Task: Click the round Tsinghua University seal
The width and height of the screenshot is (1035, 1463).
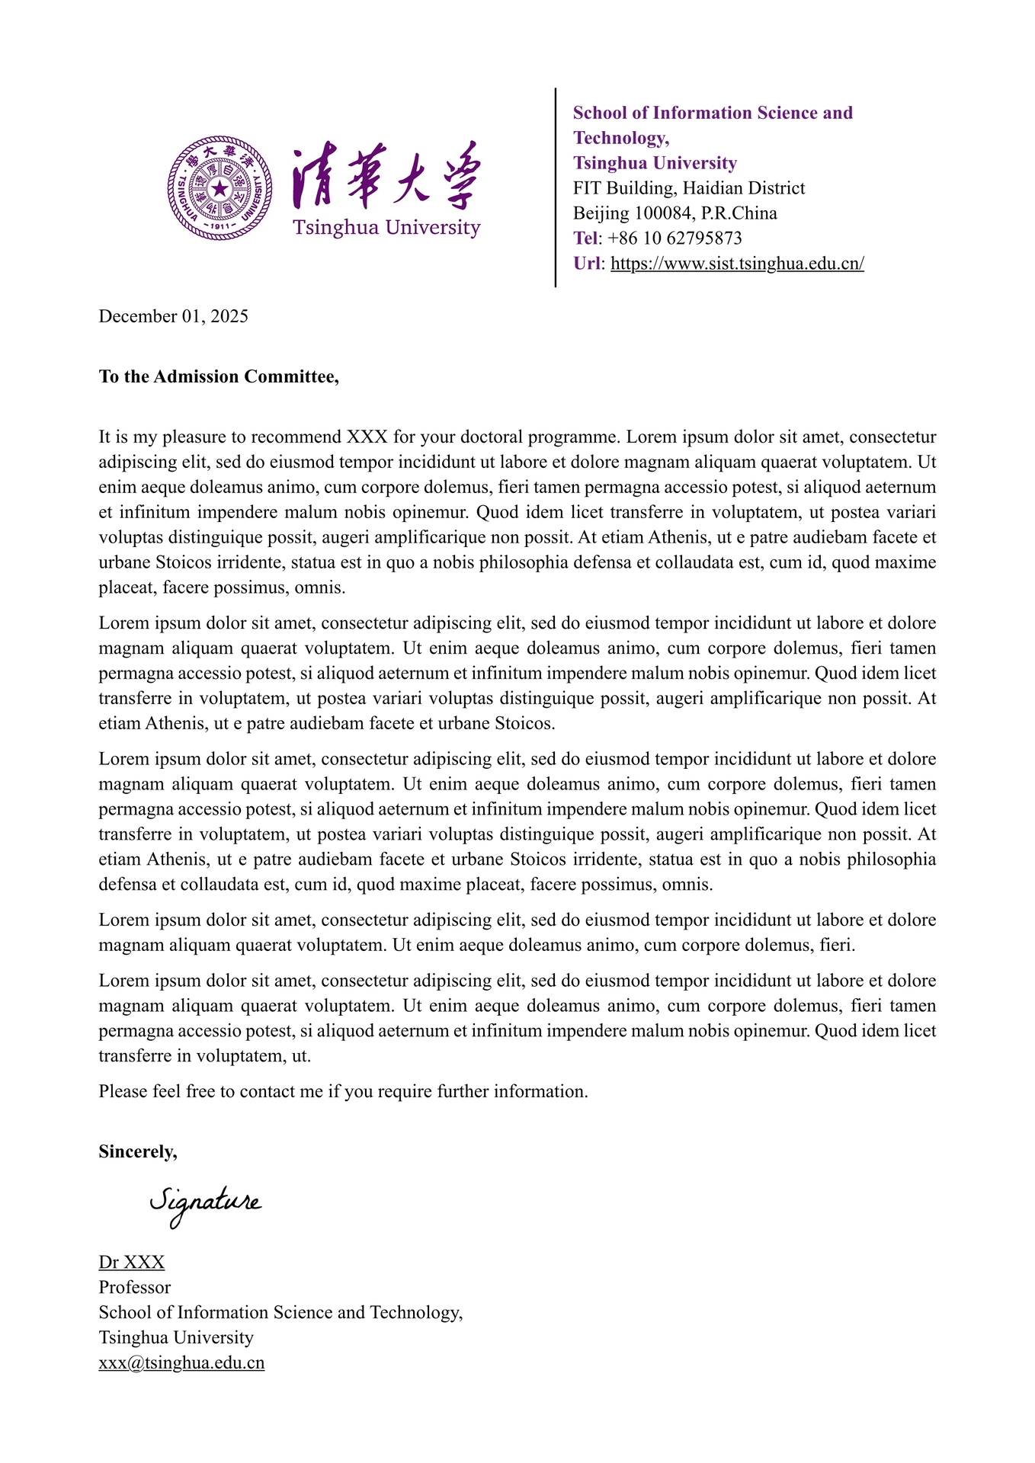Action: [x=219, y=187]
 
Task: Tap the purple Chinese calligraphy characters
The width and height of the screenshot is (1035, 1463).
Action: [x=386, y=175]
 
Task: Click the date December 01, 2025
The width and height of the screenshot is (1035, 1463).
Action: [x=174, y=316]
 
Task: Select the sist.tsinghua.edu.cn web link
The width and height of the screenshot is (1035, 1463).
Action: [x=737, y=264]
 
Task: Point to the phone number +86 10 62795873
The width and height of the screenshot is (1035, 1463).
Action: [x=675, y=238]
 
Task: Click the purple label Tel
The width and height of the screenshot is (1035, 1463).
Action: [x=585, y=238]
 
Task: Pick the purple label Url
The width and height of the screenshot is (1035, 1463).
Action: [x=587, y=264]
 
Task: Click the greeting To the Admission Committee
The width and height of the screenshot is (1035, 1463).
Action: [x=219, y=376]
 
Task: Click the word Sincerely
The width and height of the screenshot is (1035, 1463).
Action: [x=138, y=1151]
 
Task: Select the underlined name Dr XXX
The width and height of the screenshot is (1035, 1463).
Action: [x=132, y=1262]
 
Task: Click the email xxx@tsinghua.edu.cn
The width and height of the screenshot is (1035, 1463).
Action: [x=181, y=1362]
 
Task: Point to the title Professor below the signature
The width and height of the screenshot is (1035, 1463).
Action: [x=135, y=1287]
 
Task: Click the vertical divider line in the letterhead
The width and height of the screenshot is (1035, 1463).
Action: [x=556, y=187]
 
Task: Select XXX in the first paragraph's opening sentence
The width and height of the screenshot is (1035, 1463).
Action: [x=367, y=437]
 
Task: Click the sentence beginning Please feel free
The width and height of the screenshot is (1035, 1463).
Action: [x=343, y=1091]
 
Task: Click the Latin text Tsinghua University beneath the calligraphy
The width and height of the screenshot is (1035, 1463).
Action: [x=386, y=228]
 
